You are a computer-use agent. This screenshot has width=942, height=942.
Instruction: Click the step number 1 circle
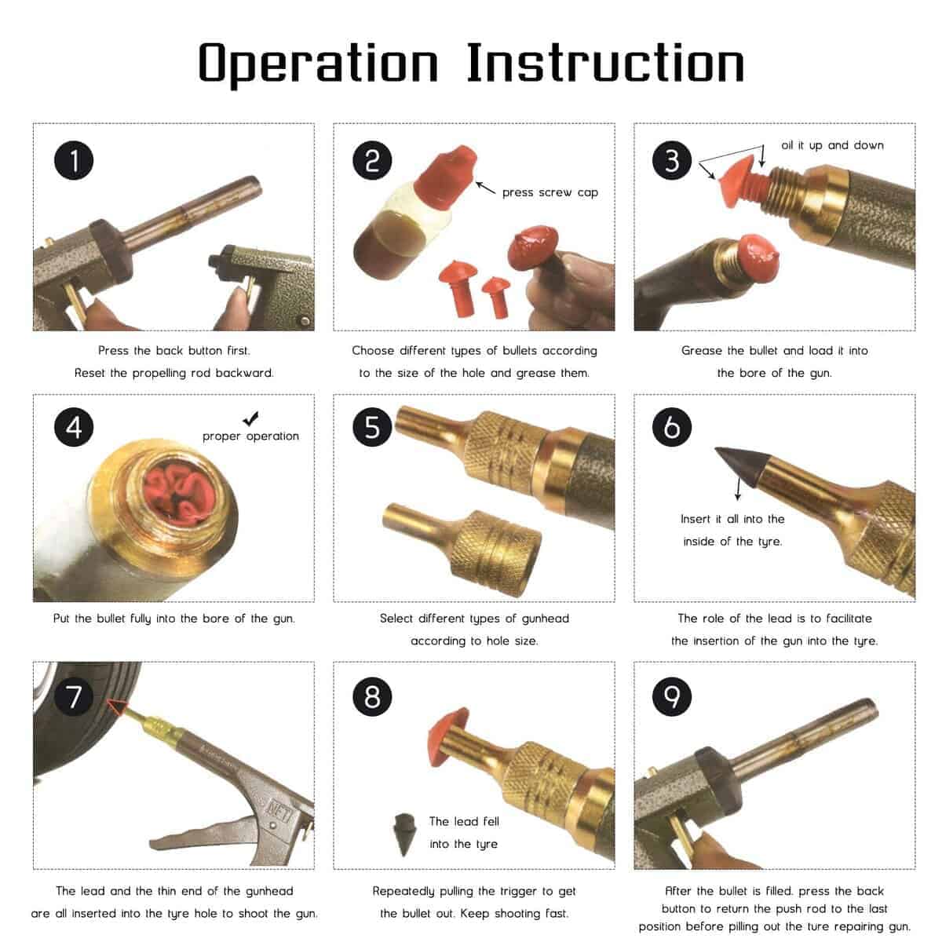click(x=74, y=160)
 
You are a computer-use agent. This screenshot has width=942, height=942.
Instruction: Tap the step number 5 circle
click(x=373, y=427)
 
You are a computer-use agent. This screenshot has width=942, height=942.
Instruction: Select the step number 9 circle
click(x=672, y=696)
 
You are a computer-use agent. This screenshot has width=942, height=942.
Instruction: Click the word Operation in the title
click(x=319, y=64)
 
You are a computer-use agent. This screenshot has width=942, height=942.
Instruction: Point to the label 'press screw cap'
click(x=550, y=192)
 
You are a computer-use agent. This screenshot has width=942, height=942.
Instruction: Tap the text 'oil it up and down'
click(x=832, y=145)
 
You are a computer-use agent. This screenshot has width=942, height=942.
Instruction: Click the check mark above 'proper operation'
click(x=250, y=418)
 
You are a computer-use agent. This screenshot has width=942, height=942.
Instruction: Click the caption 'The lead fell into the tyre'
click(x=464, y=833)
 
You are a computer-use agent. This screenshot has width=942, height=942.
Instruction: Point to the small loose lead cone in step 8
click(x=403, y=834)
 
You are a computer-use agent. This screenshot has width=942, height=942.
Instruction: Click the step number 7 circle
click(x=74, y=696)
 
